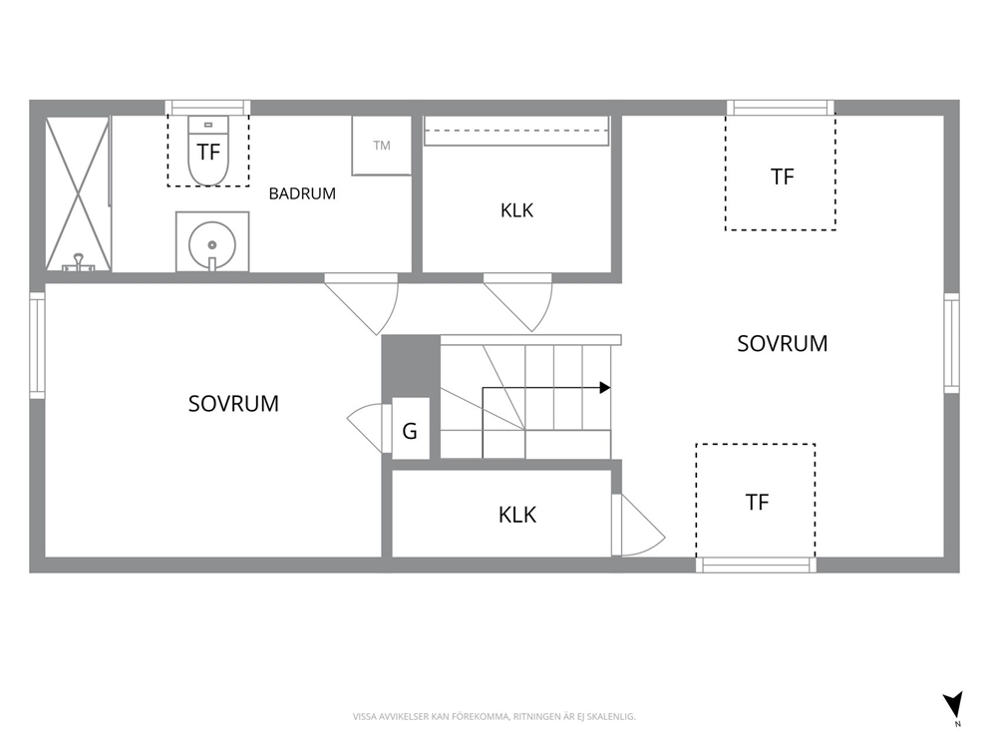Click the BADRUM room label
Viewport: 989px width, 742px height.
click(302, 193)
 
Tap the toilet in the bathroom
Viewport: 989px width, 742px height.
click(208, 151)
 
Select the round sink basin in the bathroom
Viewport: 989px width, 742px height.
click(212, 244)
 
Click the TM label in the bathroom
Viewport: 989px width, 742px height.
click(382, 146)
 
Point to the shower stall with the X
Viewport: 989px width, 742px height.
click(78, 194)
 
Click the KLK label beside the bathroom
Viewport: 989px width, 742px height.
click(516, 210)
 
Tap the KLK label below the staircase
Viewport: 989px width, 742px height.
click(517, 515)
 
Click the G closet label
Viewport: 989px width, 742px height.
click(410, 432)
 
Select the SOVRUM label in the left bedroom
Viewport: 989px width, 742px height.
click(233, 404)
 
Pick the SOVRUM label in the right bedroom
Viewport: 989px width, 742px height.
click(782, 344)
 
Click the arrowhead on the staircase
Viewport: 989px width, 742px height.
click(605, 387)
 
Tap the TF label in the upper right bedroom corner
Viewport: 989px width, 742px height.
click(782, 178)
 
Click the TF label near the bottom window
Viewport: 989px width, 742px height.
click(757, 503)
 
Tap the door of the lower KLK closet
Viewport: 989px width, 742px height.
click(640, 525)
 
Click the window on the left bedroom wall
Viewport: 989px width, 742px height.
click(37, 345)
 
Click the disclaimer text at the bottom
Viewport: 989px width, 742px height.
click(494, 717)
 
